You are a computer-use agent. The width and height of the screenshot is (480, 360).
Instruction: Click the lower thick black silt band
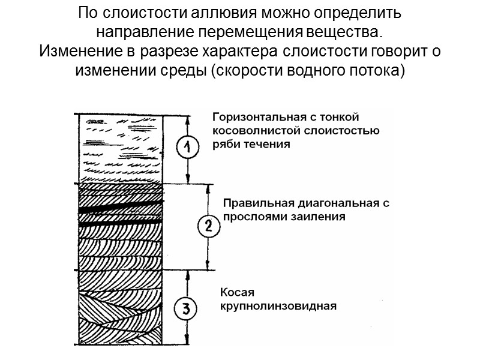120,223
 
